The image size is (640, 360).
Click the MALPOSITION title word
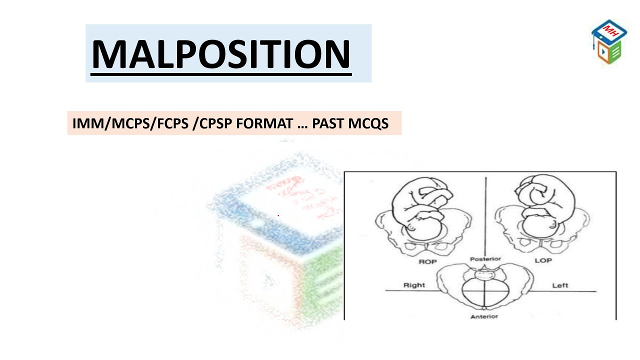pyautogui.click(x=221, y=53)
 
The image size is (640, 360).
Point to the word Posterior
pyautogui.click(x=485, y=259)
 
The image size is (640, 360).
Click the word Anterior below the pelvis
pyautogui.click(x=484, y=316)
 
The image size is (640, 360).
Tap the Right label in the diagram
pyautogui.click(x=414, y=285)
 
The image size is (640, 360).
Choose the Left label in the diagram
pyautogui.click(x=560, y=285)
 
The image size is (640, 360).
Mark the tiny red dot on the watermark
pyautogui.click(x=278, y=215)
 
